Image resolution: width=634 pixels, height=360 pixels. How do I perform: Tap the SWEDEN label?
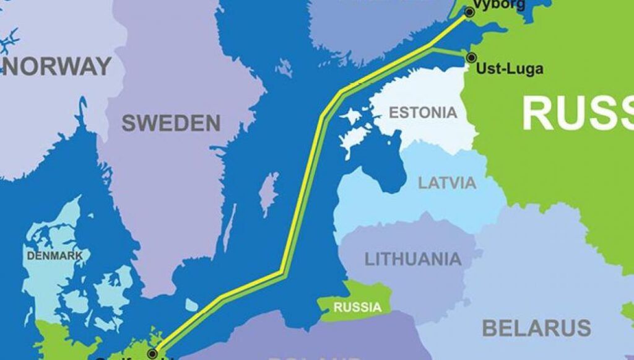171,123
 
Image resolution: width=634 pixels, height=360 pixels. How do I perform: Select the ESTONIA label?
423,113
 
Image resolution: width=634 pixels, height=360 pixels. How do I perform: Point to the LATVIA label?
447,183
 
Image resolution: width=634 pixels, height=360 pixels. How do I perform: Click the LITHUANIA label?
412,259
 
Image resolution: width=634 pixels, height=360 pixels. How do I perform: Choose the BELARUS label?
536,327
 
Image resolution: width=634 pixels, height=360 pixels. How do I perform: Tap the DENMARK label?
54,255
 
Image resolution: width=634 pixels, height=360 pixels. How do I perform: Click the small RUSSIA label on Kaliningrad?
357,307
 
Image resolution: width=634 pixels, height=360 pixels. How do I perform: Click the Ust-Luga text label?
510,69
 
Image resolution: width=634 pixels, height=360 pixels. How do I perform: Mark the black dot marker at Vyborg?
469,12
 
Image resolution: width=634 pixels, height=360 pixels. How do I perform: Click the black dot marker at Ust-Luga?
471,58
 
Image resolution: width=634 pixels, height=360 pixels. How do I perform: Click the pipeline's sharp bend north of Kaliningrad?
282,271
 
